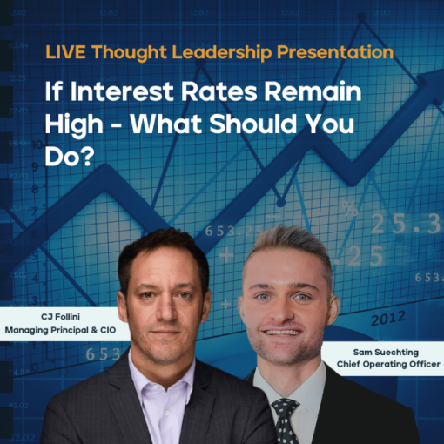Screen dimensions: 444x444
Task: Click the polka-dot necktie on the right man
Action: (284, 416)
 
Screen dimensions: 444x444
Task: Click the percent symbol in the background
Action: (348, 208)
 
